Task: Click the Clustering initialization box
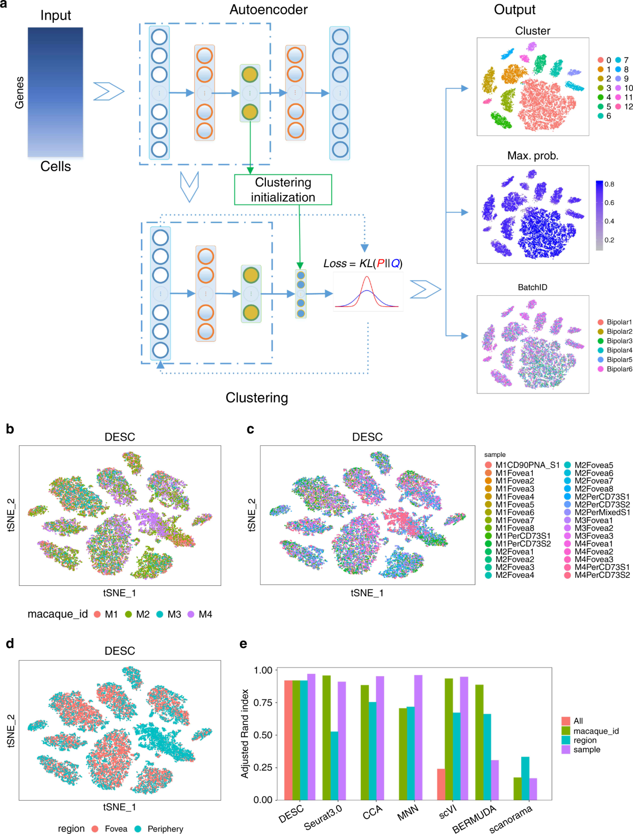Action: (x=283, y=190)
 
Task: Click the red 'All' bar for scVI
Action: (x=441, y=784)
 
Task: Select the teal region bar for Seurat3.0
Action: (x=334, y=765)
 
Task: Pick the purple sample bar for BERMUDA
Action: (x=495, y=780)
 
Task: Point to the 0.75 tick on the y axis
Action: (x=263, y=702)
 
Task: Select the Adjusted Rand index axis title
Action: (x=245, y=733)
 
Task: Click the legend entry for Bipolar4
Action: (x=619, y=350)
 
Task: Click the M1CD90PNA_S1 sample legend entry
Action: (x=527, y=465)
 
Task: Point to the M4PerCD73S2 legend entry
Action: (x=602, y=575)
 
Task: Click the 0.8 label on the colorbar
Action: (x=609, y=184)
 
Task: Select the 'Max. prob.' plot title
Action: (x=532, y=156)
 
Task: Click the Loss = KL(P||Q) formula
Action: (x=363, y=263)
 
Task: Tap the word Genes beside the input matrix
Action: (x=20, y=92)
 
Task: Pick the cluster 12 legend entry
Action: (x=628, y=106)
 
